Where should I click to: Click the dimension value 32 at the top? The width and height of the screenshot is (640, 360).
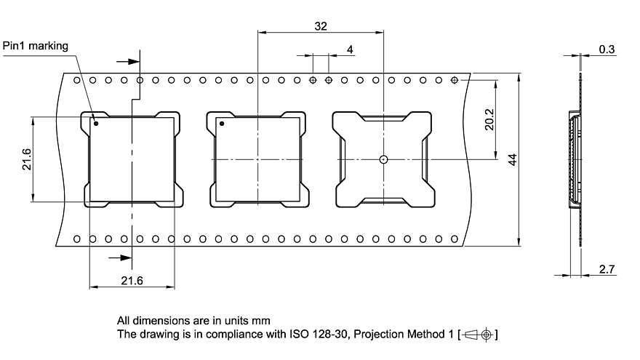tap(321, 25)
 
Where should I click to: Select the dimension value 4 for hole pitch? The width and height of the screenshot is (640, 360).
tap(351, 49)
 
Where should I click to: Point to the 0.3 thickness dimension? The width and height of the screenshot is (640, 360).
tap(607, 49)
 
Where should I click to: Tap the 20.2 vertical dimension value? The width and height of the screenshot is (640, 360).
tap(489, 119)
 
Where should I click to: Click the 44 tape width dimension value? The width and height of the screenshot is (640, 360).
tap(512, 160)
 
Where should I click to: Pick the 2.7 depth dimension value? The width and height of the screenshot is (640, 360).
tap(607, 269)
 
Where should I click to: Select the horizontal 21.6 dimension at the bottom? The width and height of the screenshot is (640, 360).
tap(132, 281)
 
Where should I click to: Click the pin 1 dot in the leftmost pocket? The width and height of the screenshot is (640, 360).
tap(95, 124)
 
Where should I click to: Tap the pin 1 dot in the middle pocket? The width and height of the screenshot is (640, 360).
tap(223, 124)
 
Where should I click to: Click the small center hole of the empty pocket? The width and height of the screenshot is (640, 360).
tap(383, 159)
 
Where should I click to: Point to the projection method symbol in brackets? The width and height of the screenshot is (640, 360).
tap(478, 335)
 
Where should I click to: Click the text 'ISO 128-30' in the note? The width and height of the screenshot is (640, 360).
tap(294, 335)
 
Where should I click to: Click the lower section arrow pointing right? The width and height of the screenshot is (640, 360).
tap(116, 257)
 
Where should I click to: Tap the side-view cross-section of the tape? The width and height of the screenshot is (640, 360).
tap(576, 160)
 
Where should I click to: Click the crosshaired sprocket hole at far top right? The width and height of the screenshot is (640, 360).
tap(455, 79)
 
